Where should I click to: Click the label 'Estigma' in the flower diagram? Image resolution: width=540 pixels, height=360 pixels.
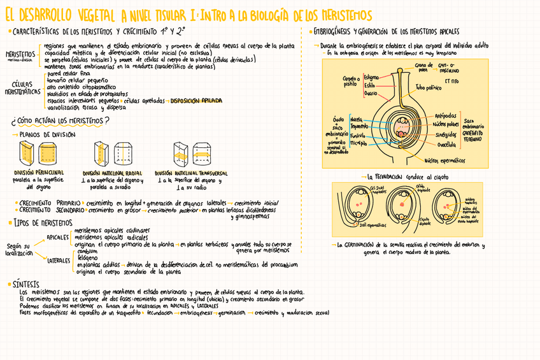[x=371, y=77]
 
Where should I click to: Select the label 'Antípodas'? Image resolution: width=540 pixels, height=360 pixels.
[x=445, y=115]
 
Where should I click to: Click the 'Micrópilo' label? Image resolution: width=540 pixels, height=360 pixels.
[x=359, y=143]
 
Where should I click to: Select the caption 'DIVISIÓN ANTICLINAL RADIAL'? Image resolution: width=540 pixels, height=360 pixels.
[x=112, y=172]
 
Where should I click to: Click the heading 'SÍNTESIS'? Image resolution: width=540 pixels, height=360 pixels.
[x=26, y=284]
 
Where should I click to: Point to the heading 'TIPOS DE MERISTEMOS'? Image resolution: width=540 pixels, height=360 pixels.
[x=43, y=222]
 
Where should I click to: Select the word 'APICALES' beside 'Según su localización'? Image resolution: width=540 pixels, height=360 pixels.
[x=58, y=238]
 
